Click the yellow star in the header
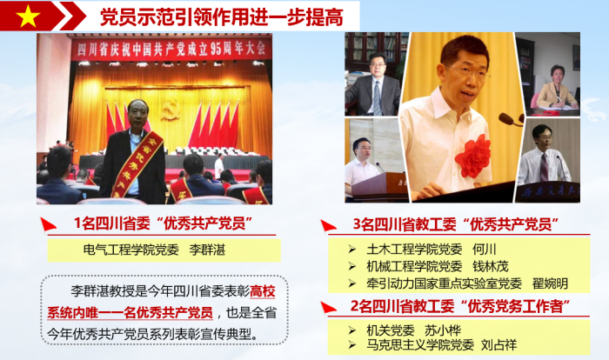point(28,17)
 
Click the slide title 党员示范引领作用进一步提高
point(222,17)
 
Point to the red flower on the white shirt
point(473,157)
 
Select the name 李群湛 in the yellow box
point(207,250)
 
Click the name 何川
point(485,250)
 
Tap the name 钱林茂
point(490,266)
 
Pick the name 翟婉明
point(550,283)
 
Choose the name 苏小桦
point(442,330)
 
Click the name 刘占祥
point(499,345)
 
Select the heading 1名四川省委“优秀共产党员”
point(164,223)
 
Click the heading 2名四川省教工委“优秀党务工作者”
point(460,306)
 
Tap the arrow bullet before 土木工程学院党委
point(351,250)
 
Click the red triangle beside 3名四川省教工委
point(328,226)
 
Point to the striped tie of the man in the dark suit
point(377,98)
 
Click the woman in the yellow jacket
point(556,89)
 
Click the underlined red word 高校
point(263,291)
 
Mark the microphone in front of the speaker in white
point(511,120)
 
